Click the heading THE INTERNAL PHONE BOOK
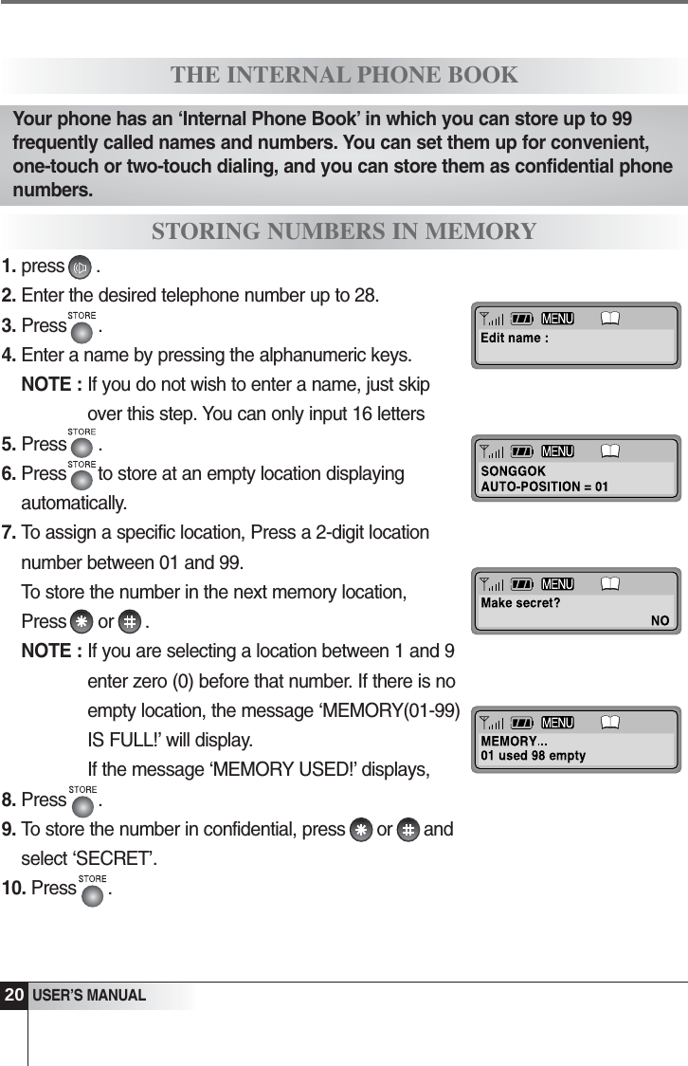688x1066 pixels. click(x=344, y=75)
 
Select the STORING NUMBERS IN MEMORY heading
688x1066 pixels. click(x=344, y=231)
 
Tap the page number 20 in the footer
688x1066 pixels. click(x=13, y=996)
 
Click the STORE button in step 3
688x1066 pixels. click(x=82, y=329)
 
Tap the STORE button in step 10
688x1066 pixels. click(x=92, y=892)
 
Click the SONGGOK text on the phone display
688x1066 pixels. click(x=514, y=471)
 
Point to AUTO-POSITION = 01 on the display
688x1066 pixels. click(x=545, y=487)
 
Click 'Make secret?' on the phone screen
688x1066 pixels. click(x=520, y=602)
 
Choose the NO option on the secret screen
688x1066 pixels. click(x=660, y=621)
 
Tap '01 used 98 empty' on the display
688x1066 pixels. click(x=534, y=756)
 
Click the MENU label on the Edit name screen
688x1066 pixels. click(x=557, y=319)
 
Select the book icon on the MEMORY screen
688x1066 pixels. click(x=610, y=723)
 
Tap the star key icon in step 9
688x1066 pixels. click(x=360, y=831)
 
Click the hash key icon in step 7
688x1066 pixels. click(x=131, y=623)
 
